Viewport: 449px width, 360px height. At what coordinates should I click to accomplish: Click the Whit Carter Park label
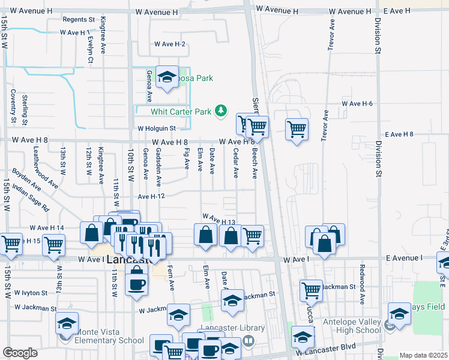(181, 111)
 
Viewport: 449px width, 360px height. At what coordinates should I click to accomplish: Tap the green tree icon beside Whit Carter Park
(221, 110)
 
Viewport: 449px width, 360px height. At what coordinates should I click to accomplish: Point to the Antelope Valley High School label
(351, 326)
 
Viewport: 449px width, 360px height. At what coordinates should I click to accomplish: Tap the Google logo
(20, 353)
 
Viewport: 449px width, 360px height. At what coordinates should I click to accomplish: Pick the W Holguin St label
(156, 128)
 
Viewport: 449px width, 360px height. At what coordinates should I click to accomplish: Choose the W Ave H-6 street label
(357, 104)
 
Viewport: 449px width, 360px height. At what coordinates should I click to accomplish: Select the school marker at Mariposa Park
(167, 76)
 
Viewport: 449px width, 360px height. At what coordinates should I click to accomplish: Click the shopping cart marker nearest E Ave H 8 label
(297, 128)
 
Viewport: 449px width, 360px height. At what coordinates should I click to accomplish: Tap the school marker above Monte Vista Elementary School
(67, 322)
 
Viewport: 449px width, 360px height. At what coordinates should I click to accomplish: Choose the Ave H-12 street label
(151, 196)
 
